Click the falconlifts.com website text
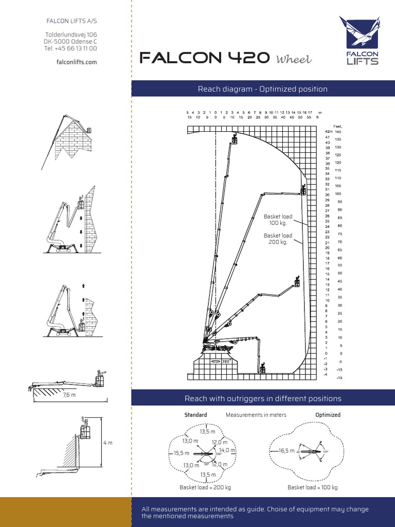(76, 62)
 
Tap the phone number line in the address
(71, 48)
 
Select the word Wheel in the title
(294, 60)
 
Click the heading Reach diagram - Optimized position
(262, 89)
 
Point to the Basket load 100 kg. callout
(278, 220)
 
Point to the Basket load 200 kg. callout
(278, 239)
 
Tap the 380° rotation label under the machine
(225, 361)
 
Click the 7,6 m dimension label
(69, 395)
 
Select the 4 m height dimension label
(107, 443)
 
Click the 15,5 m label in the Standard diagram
(182, 453)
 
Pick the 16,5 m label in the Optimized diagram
(286, 450)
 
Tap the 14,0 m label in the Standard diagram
(226, 450)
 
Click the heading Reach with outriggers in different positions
(262, 398)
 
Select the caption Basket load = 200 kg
(205, 487)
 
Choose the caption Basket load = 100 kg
(312, 487)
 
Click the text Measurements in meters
(256, 415)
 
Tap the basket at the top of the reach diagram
(235, 139)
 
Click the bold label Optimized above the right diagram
(328, 415)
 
